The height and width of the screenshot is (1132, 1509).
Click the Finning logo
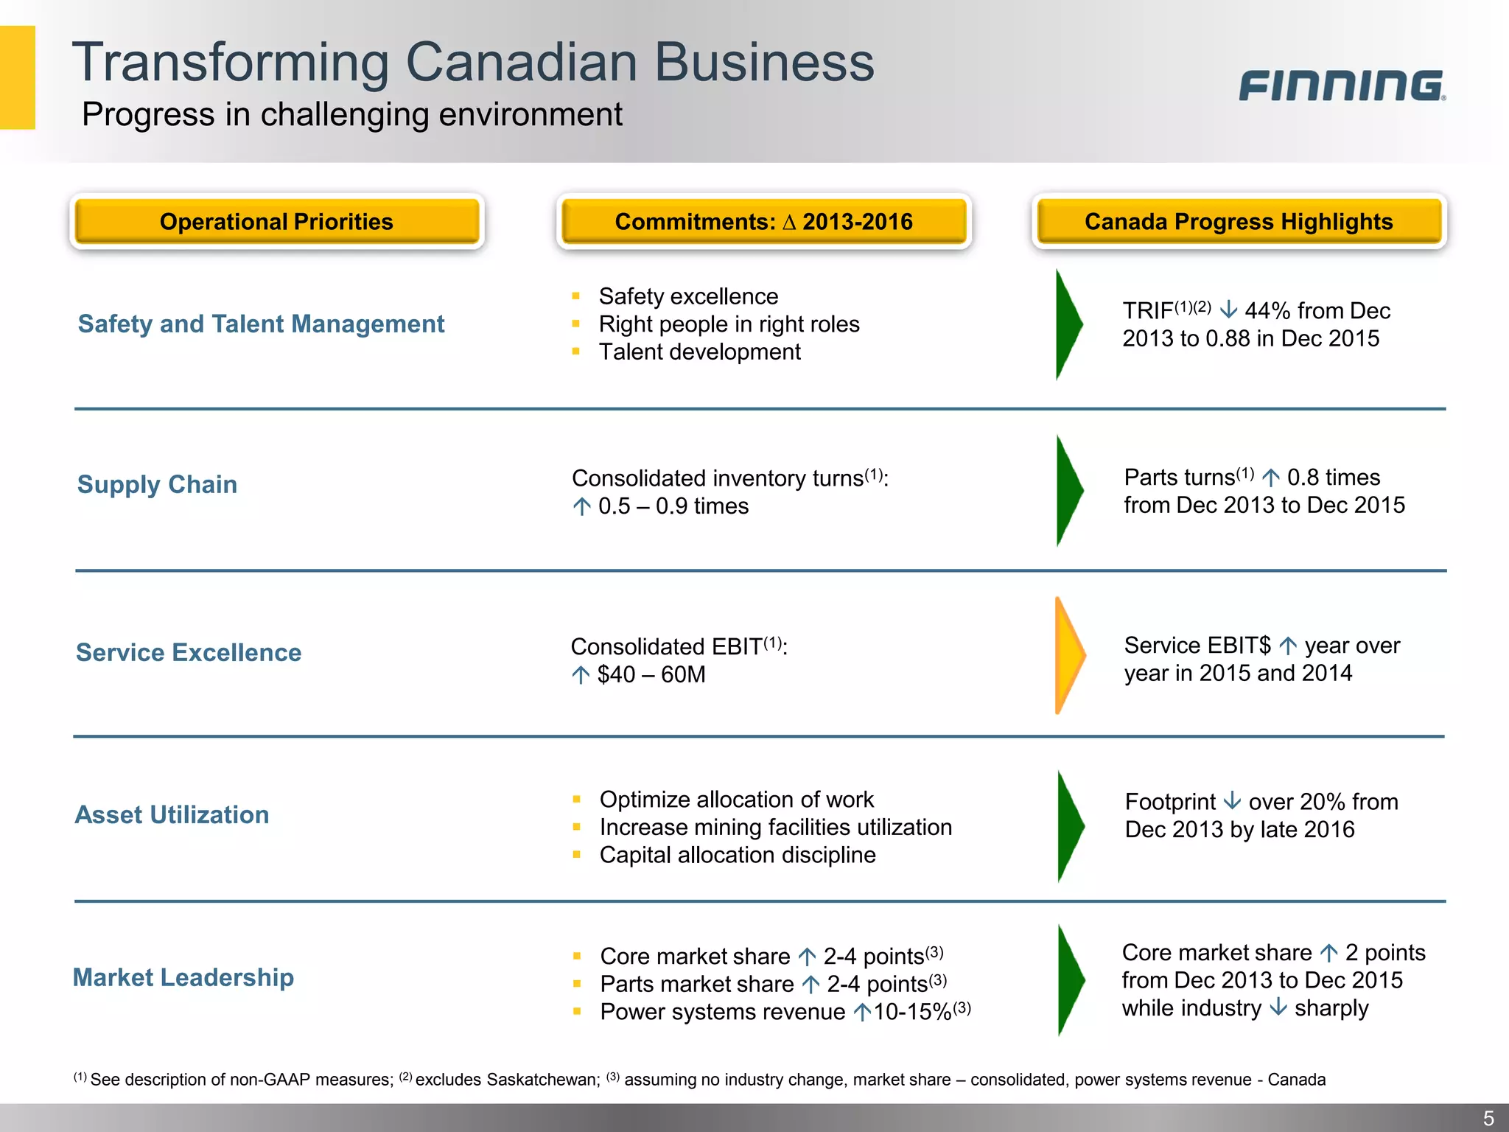(x=1341, y=85)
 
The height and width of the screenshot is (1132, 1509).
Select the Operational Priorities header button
(x=276, y=222)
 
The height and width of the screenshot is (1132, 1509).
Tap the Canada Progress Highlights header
(x=1239, y=222)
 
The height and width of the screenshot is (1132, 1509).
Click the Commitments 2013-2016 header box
(x=763, y=222)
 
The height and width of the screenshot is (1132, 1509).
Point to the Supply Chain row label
(x=157, y=484)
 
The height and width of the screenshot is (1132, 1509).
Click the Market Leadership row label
(x=183, y=977)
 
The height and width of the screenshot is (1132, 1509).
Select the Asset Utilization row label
(x=172, y=814)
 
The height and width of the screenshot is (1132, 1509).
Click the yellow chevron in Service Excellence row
(x=1068, y=654)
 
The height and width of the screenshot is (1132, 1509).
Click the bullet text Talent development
(x=699, y=352)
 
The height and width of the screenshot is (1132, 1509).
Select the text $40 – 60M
(x=651, y=674)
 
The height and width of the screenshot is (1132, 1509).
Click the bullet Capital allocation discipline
(x=738, y=855)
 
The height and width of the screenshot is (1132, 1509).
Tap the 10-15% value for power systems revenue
(x=912, y=1012)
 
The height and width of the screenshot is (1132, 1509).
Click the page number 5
(x=1488, y=1118)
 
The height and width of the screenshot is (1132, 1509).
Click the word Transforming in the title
(x=230, y=63)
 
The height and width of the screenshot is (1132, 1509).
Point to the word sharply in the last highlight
(x=1331, y=1008)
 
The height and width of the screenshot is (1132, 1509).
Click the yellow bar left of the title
(x=17, y=77)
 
